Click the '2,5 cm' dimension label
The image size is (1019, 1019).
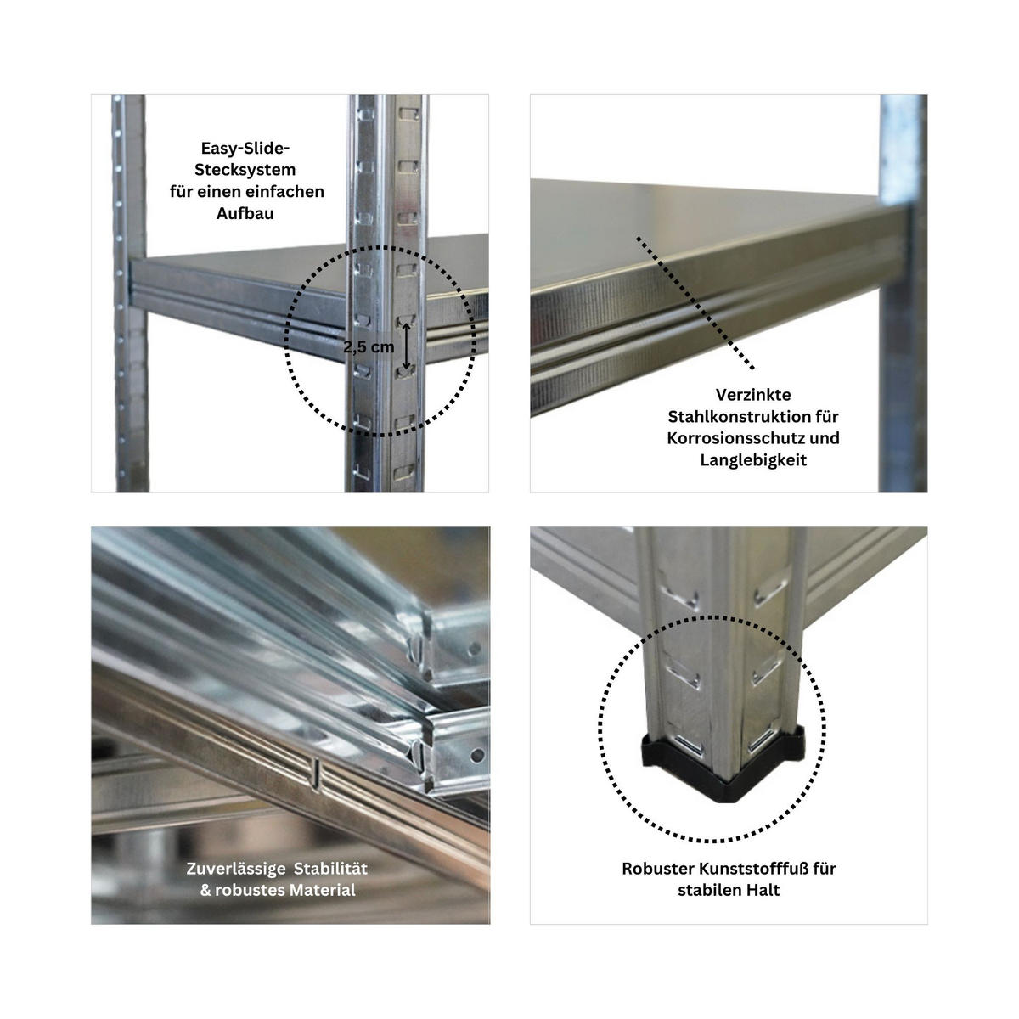[369, 347]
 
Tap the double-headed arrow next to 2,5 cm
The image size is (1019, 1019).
[407, 346]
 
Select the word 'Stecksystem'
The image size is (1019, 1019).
[246, 170]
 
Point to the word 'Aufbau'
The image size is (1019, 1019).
[245, 214]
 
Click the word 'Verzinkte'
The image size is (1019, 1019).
[752, 395]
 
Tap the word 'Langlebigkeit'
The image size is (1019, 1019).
[753, 460]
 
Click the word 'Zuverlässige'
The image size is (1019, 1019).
[229, 869]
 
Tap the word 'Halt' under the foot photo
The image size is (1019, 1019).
[763, 890]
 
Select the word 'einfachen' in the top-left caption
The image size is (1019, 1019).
[288, 192]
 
